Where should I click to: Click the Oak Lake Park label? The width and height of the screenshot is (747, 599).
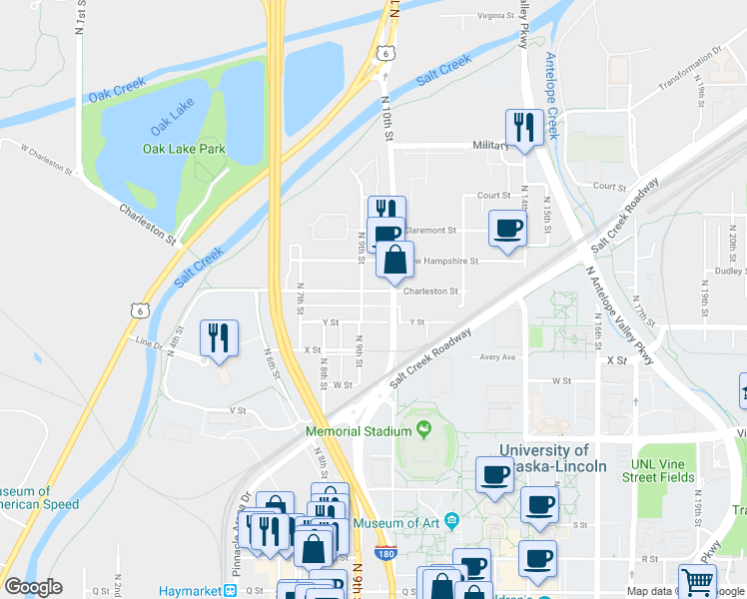(x=184, y=149)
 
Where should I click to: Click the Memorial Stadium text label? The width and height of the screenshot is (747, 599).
(x=359, y=431)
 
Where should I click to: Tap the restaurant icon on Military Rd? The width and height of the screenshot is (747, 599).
(x=523, y=127)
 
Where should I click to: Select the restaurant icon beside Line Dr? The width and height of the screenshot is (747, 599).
(x=218, y=336)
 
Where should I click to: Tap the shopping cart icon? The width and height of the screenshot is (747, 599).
(x=697, y=582)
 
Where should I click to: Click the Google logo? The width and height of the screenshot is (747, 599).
(x=33, y=587)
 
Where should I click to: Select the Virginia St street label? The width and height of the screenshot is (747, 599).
(x=498, y=16)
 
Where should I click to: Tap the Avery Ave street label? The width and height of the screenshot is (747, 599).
(x=496, y=357)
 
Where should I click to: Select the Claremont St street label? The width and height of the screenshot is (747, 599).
(x=429, y=230)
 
